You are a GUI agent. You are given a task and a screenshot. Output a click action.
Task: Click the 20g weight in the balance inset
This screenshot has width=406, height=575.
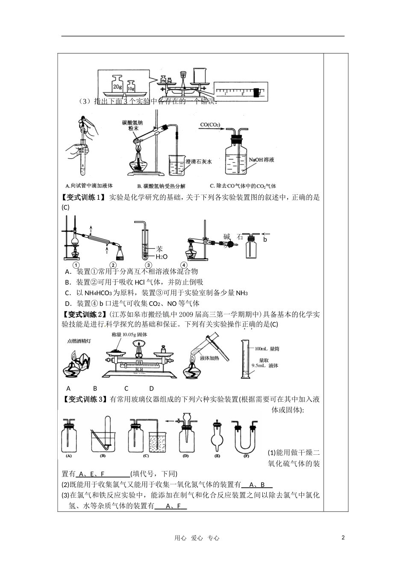[x=117, y=84]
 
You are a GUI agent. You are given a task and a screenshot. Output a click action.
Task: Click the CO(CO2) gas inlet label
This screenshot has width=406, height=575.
[x=215, y=124]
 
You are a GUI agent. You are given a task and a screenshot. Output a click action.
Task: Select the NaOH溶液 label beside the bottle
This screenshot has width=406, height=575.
[x=261, y=160]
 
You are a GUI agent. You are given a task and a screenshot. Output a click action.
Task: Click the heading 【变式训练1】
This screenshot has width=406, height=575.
[x=83, y=197]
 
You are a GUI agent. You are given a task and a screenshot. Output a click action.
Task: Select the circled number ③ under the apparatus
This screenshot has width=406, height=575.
[x=147, y=265]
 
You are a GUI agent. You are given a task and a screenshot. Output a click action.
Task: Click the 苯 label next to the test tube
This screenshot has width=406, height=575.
[x=159, y=248]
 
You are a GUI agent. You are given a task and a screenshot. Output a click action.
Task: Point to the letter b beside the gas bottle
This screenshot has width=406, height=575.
[x=265, y=240]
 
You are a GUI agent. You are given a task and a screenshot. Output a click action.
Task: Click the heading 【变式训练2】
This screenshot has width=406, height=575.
[x=83, y=315]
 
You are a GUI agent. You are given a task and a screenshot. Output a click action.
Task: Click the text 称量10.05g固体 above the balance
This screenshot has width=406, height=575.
[x=129, y=335]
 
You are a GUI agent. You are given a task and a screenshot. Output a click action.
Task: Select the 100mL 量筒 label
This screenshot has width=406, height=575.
[x=267, y=349]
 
